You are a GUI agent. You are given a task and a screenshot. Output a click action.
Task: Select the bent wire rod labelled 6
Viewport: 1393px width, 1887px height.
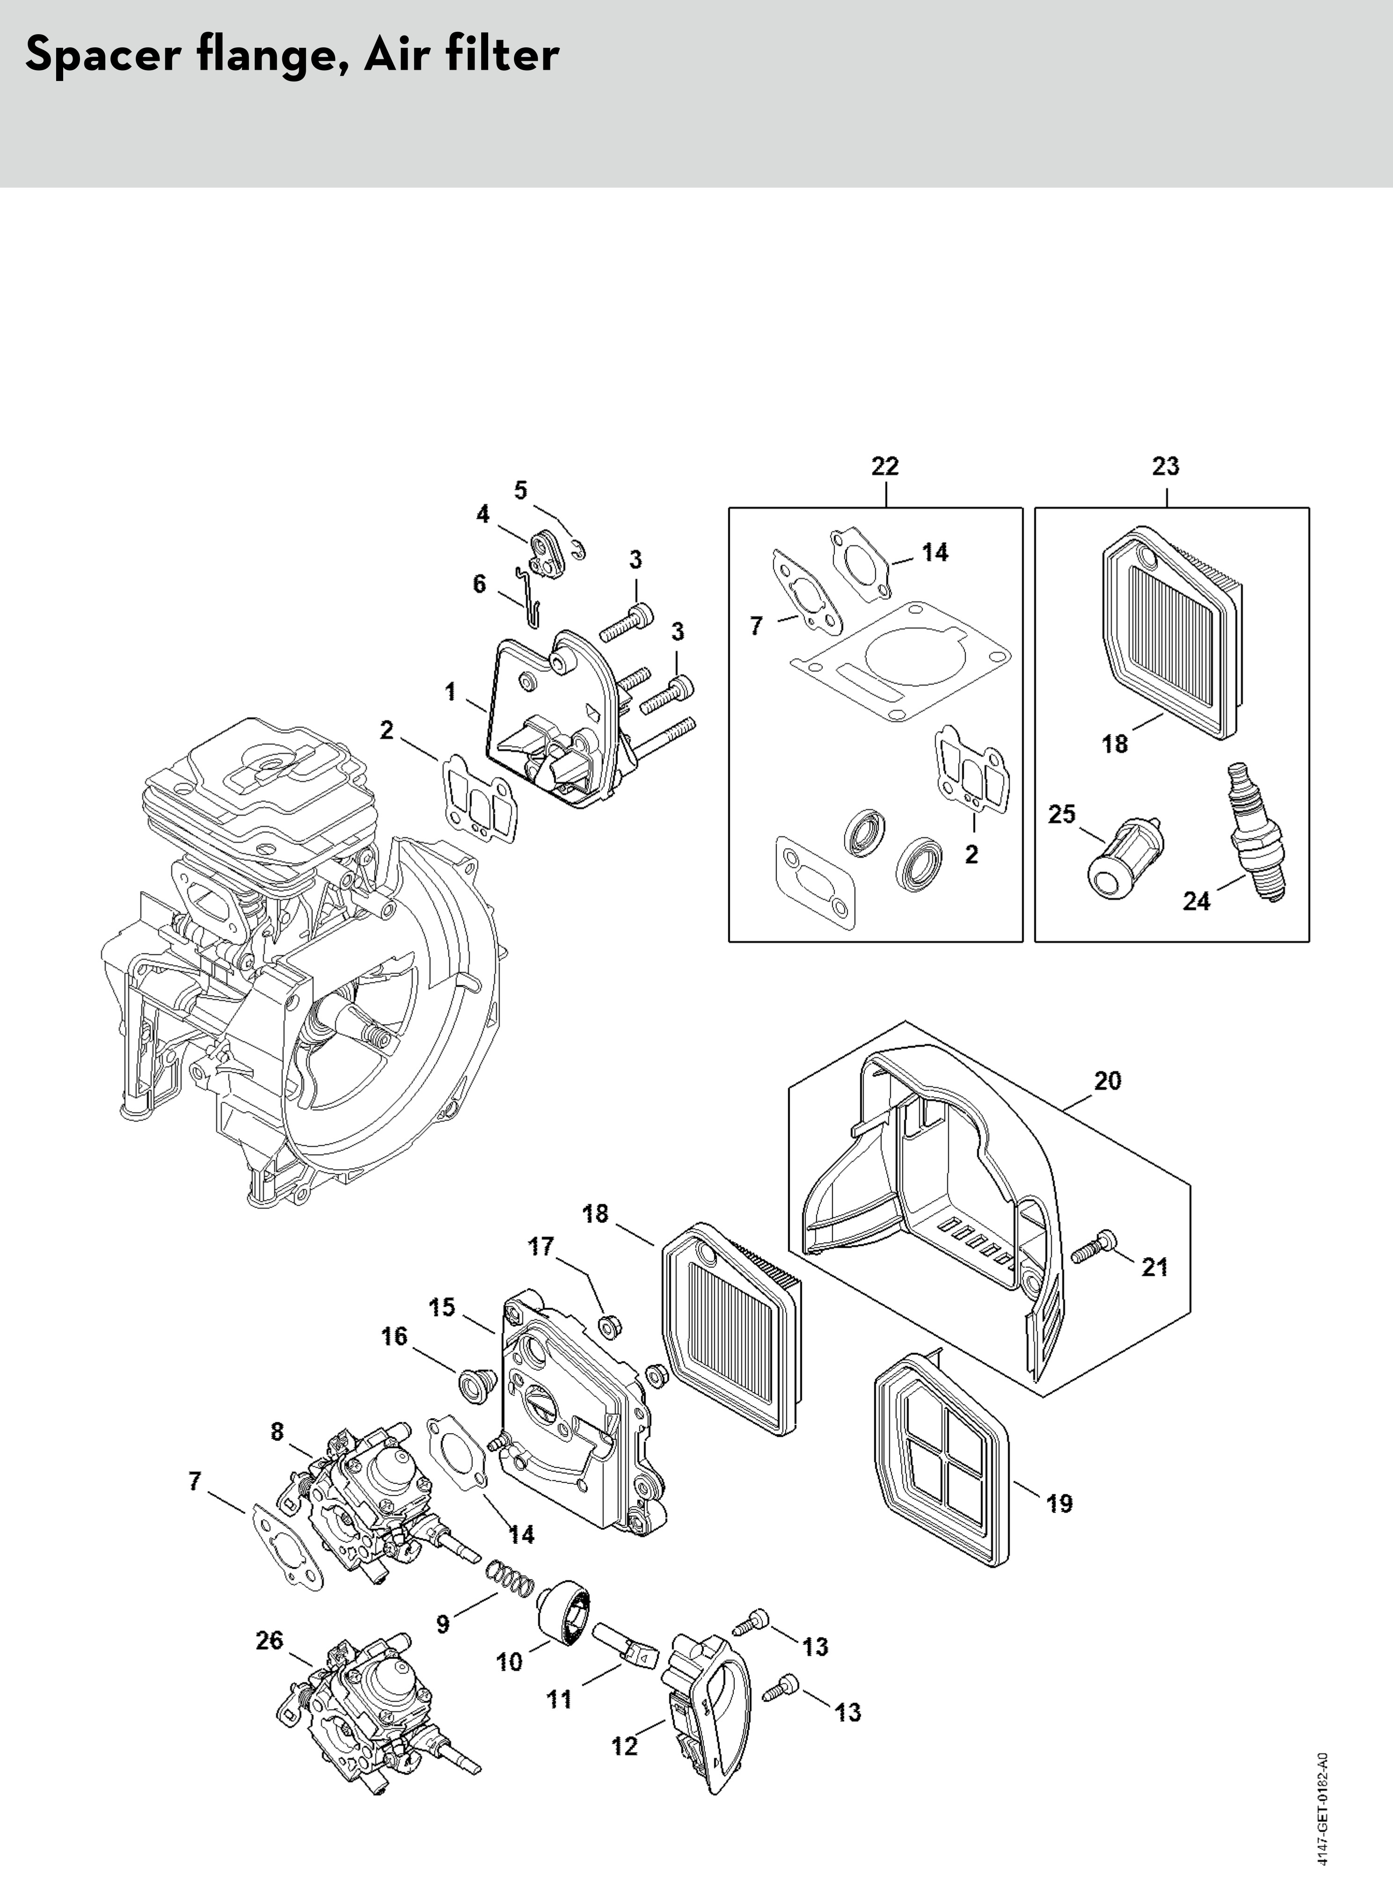click(529, 597)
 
